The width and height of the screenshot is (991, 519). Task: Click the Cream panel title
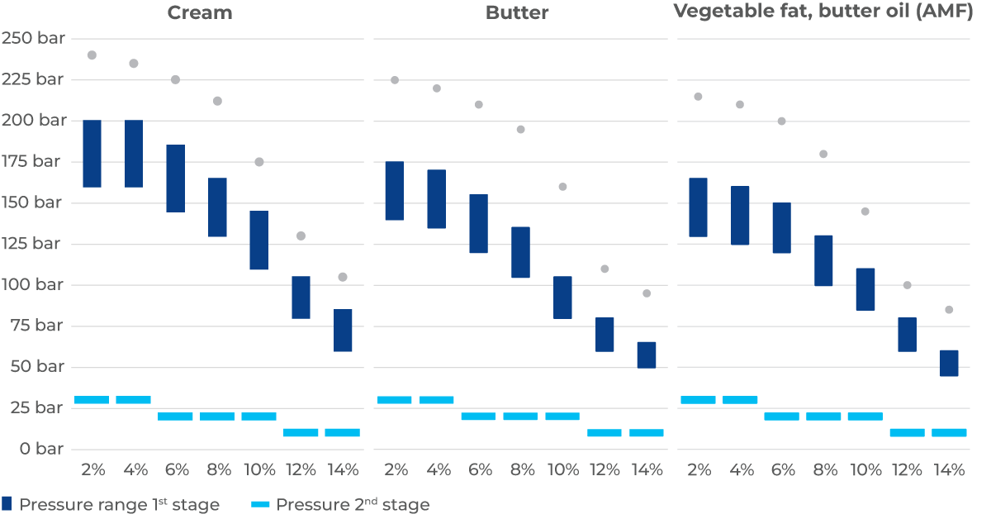tap(199, 13)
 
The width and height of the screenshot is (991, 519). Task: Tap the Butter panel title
tap(517, 13)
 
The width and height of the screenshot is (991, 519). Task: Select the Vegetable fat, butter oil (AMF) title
tap(823, 13)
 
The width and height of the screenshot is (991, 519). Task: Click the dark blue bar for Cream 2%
tap(92, 154)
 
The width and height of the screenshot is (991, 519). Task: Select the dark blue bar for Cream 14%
tap(343, 331)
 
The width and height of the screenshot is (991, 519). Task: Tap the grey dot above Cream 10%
tap(259, 162)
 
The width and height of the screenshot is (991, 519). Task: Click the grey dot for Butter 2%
tap(395, 80)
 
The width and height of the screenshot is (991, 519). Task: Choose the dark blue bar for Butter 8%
tap(520, 252)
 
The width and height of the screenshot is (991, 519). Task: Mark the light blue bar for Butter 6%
tap(478, 417)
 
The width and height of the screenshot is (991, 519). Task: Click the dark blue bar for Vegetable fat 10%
tap(865, 289)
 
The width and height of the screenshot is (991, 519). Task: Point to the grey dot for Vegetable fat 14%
tap(949, 310)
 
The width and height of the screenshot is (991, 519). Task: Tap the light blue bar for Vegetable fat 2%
tap(698, 400)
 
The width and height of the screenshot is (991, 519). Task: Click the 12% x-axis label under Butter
tap(605, 470)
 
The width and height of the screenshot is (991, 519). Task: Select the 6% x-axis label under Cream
tap(177, 470)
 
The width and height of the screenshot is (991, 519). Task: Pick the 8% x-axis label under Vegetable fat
tap(824, 470)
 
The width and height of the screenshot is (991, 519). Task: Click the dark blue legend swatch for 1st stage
tap(7, 504)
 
